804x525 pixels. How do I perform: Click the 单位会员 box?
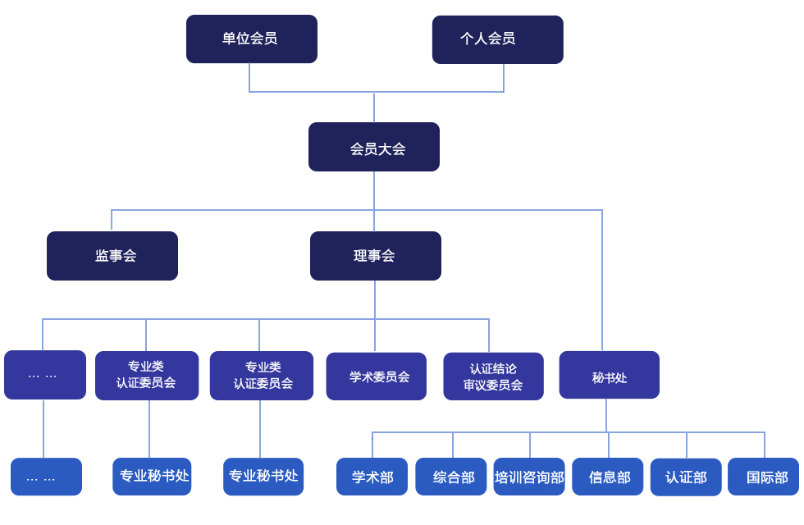[x=252, y=39]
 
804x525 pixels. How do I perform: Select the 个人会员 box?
[x=498, y=39]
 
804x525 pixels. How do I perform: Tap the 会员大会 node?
[x=374, y=147]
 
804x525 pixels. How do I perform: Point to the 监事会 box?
[x=112, y=256]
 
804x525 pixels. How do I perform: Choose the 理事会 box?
[x=376, y=256]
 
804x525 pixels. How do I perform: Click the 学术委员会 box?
[x=377, y=377]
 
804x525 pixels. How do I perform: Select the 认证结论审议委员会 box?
[x=493, y=377]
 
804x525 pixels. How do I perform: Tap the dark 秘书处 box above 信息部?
[x=609, y=375]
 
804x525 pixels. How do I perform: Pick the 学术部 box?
[x=372, y=477]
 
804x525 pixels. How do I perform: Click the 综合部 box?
[x=450, y=477]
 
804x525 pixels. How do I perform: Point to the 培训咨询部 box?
[x=529, y=477]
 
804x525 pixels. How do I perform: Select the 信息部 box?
[x=608, y=477]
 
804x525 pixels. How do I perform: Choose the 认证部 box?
[x=686, y=477]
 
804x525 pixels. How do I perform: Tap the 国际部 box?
[x=764, y=477]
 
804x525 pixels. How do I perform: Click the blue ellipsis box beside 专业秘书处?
[x=46, y=477]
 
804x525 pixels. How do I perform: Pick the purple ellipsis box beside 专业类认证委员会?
[x=45, y=375]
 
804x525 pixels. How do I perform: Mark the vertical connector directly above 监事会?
[x=112, y=221]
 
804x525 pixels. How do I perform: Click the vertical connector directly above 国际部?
[x=765, y=445]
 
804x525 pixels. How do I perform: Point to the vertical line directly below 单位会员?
[x=249, y=77]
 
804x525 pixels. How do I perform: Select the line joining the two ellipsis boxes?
[x=43, y=428]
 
